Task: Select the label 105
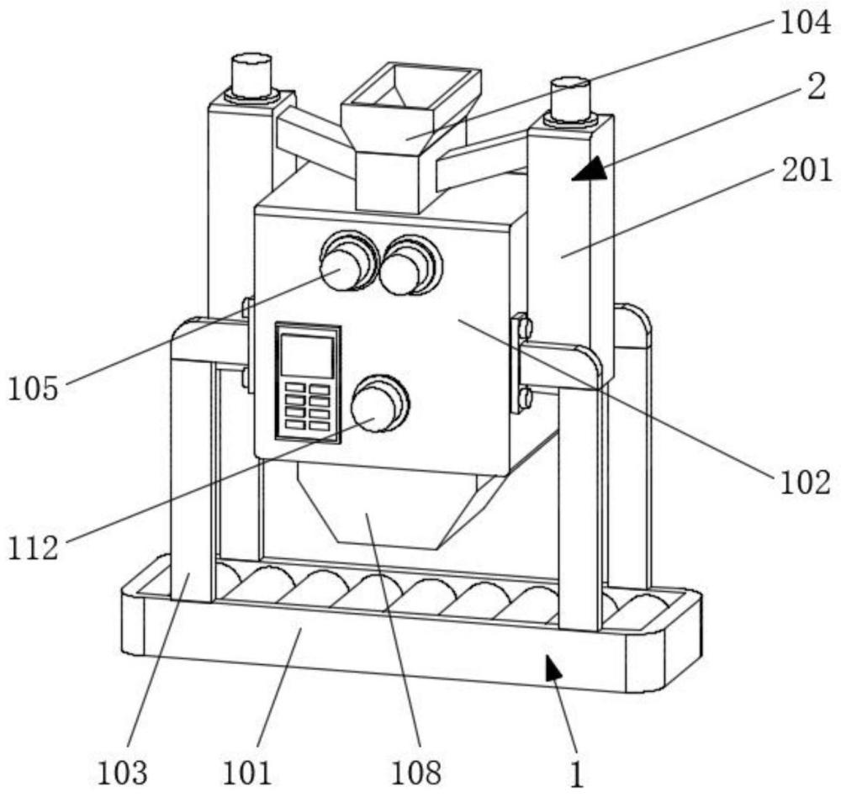pos(34,389)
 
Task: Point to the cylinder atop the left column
pos(251,76)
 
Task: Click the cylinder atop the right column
pos(570,98)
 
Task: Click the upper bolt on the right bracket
pos(525,326)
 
